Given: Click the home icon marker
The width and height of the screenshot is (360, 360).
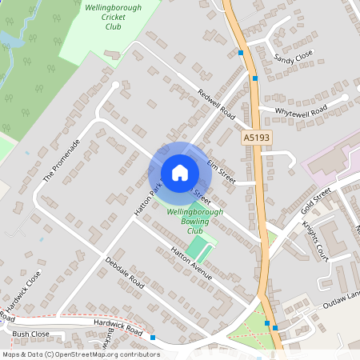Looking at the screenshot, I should (x=180, y=172).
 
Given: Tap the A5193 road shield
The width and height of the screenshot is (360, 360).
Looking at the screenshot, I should (x=257, y=138).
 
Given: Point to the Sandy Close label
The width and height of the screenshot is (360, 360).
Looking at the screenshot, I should (x=293, y=58).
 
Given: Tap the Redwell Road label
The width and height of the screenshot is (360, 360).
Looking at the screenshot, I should (x=214, y=100).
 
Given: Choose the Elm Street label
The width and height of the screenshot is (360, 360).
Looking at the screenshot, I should (x=220, y=171).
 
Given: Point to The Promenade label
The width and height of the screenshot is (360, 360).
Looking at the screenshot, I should (x=62, y=159).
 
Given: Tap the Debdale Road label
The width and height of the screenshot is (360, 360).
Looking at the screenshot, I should (x=124, y=273).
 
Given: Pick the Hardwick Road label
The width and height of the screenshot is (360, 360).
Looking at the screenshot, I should (x=117, y=326).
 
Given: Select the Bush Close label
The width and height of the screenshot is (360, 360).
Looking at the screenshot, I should (x=30, y=334).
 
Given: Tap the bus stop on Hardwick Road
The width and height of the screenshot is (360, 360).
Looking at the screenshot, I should (x=152, y=338).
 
